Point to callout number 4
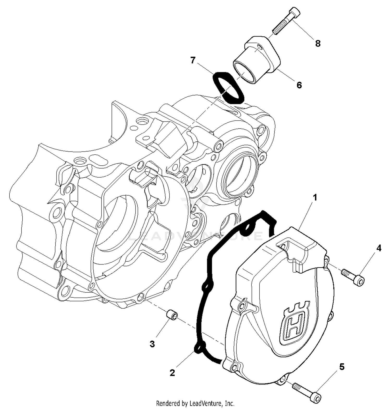tap(379, 248)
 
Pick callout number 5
tap(342, 367)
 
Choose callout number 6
tap(299, 85)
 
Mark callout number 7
tap(193, 61)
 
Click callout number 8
tap(317, 44)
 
